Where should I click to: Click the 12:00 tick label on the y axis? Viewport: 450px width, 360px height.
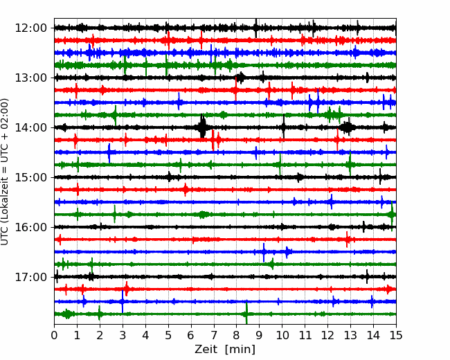click(x=30, y=28)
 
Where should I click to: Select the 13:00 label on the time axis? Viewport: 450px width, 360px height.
click(x=30, y=78)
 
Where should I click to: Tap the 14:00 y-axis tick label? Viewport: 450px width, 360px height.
click(x=30, y=127)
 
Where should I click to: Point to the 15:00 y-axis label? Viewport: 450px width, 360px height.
click(x=30, y=177)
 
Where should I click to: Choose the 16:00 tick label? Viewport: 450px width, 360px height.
click(x=30, y=227)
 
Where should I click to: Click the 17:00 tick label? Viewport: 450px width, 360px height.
click(x=30, y=277)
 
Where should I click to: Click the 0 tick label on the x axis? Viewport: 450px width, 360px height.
click(x=54, y=335)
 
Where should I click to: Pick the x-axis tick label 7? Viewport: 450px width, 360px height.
click(x=214, y=335)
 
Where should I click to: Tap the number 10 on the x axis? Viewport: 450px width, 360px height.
click(x=282, y=335)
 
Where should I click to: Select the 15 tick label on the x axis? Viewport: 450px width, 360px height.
click(x=396, y=335)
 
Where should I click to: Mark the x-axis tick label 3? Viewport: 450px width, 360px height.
click(x=123, y=335)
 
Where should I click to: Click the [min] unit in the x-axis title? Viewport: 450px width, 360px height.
click(x=240, y=350)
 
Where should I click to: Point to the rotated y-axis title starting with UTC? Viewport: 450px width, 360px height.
click(x=5, y=172)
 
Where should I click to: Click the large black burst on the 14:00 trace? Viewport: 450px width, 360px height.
click(x=202, y=126)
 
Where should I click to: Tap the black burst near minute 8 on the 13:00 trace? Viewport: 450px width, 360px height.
click(x=240, y=78)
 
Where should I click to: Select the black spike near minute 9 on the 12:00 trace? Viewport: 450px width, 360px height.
click(x=255, y=28)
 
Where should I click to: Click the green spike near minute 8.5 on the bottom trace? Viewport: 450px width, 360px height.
click(x=246, y=313)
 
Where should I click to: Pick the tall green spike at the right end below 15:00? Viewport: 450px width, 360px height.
click(x=392, y=215)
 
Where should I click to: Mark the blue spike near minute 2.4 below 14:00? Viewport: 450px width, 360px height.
click(x=109, y=153)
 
